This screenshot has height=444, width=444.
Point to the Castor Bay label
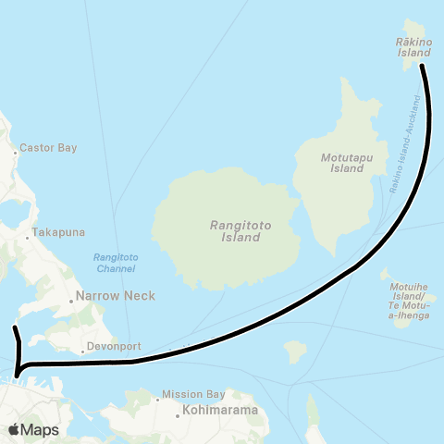(x=51, y=147)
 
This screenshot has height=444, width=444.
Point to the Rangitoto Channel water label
(x=115, y=263)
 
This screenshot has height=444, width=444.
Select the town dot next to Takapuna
(x=28, y=232)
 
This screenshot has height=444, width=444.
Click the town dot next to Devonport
(x=80, y=348)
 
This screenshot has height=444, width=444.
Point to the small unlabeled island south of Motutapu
(x=295, y=351)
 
